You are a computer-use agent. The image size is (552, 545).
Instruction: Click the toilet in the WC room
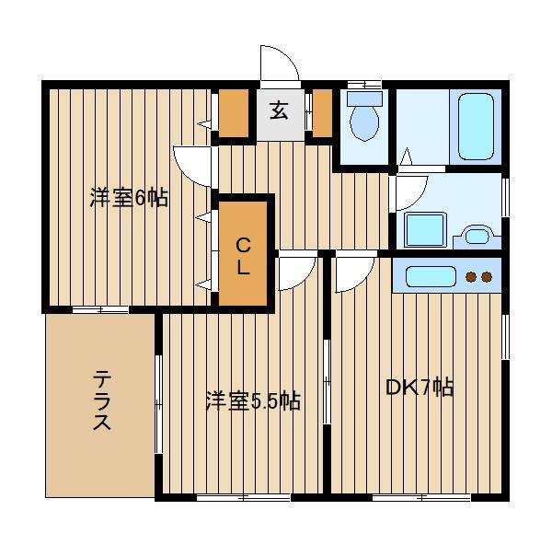pyautogui.click(x=364, y=116)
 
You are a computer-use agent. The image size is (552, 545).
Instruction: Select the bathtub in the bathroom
pyautogui.click(x=476, y=126)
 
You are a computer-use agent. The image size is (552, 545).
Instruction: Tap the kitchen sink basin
pyautogui.click(x=431, y=276)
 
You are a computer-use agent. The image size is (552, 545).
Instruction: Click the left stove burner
pyautogui.click(x=471, y=277)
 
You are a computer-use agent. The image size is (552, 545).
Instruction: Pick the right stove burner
pyautogui.click(x=486, y=277)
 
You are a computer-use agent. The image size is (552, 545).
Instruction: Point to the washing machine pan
pyautogui.click(x=426, y=230)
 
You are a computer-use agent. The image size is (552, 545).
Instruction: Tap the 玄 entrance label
pyautogui.click(x=279, y=110)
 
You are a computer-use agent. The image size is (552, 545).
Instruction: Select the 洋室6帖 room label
pyautogui.click(x=129, y=198)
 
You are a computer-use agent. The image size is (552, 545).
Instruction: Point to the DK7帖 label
pyautogui.click(x=420, y=388)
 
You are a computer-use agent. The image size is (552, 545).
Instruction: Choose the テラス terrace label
pyautogui.click(x=102, y=400)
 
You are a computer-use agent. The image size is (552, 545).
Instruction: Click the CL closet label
pyautogui.click(x=243, y=256)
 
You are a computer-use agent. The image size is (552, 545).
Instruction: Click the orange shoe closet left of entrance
pyautogui.click(x=234, y=112)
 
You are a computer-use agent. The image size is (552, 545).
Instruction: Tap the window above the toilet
pyautogui.click(x=364, y=84)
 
